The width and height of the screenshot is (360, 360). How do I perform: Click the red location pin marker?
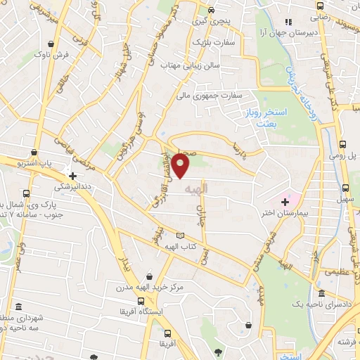[181, 165]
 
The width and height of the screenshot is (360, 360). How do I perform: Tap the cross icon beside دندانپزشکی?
[72, 176]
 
